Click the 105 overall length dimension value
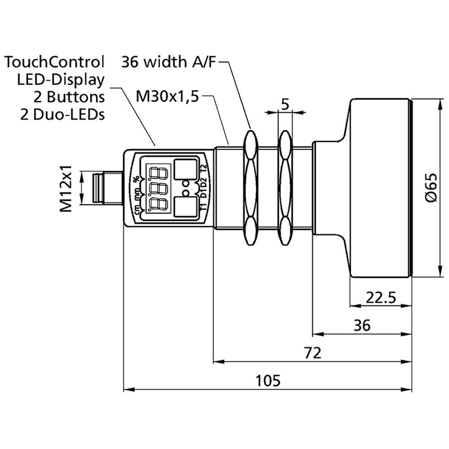[x=267, y=380]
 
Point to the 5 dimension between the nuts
[x=285, y=104]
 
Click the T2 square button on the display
[x=186, y=169]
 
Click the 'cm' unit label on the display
[x=136, y=210]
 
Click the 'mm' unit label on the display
[x=136, y=195]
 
